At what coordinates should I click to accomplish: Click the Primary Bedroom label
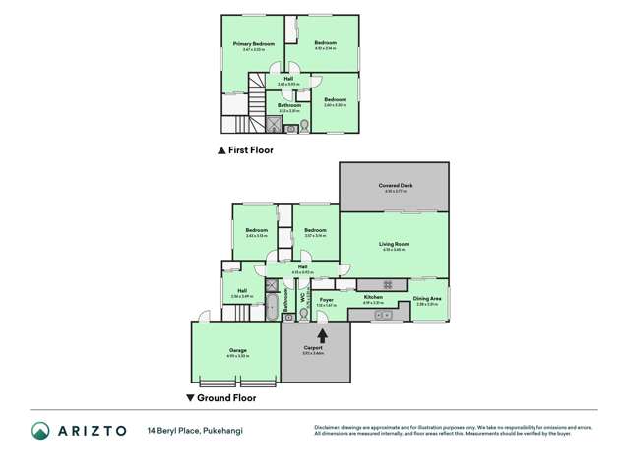253,44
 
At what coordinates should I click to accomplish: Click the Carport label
314,347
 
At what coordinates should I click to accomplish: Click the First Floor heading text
251,152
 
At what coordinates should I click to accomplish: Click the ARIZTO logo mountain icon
40,431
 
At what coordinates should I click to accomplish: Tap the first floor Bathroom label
288,105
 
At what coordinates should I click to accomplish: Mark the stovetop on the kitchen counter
388,285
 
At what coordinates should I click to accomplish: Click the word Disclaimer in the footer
328,426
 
